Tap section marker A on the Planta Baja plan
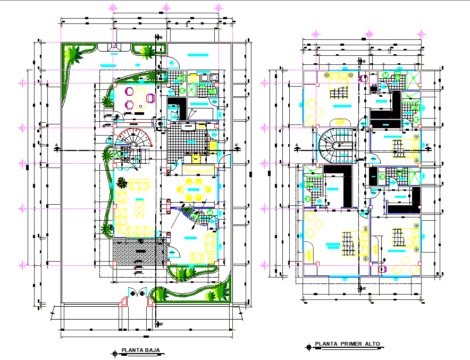tap(56, 145)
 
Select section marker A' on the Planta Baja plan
tap(236, 145)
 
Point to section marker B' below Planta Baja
tap(160, 323)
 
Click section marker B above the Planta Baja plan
tap(160, 37)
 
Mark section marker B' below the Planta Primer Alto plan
tap(364, 288)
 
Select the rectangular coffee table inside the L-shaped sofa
tap(139, 207)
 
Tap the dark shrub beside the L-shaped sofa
tap(123, 181)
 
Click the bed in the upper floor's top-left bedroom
tap(339, 93)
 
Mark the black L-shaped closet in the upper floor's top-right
tap(388, 112)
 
